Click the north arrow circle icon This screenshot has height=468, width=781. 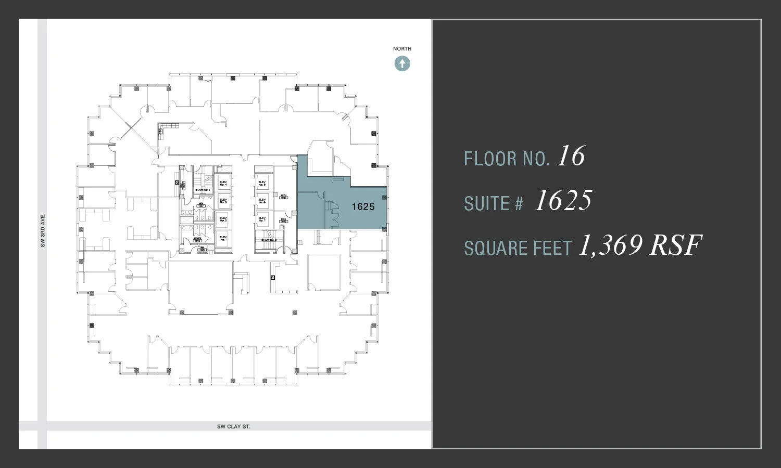pos(402,64)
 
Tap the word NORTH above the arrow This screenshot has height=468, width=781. pos(402,49)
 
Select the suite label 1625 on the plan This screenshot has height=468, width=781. pos(363,207)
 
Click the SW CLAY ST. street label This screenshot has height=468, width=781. pos(234,426)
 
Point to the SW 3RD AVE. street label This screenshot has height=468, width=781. pos(43,230)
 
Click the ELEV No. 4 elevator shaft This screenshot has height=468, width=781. pos(223,183)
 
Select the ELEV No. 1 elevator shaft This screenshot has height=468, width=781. pos(223,238)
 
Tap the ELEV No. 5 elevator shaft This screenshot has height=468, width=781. pos(262,183)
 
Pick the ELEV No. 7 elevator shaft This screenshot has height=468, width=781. pos(262,219)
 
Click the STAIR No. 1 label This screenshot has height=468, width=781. pos(203,190)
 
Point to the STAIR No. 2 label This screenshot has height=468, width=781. pos(269,240)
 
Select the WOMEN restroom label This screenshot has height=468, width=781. pos(197,239)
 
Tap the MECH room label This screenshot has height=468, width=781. pos(284,197)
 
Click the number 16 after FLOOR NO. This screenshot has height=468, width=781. pos(571,156)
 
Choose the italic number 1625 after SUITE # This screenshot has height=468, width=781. pos(563,201)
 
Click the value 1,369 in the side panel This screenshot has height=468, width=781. pos(610,245)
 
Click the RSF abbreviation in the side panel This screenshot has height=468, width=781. pos(675,245)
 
